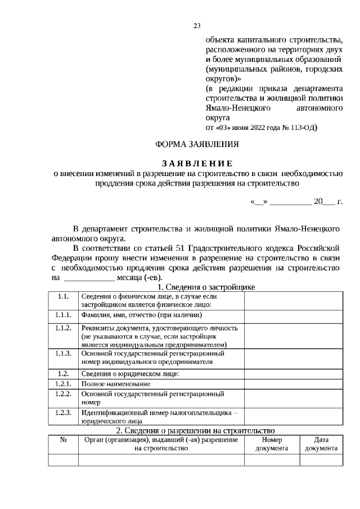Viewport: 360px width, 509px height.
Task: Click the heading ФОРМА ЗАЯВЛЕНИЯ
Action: point(196,144)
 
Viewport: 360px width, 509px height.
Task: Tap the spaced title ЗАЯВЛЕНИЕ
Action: point(197,164)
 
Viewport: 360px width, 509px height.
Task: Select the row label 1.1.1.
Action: point(63,316)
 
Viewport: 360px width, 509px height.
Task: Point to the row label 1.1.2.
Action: point(63,328)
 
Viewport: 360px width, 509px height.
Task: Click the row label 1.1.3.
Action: point(63,354)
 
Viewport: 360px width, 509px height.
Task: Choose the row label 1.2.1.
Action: point(63,383)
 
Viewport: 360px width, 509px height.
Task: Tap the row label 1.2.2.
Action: point(63,394)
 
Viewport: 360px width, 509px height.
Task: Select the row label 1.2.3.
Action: point(63,412)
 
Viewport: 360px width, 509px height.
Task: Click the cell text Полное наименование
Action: point(115,384)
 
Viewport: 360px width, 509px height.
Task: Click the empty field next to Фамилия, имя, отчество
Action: point(292,317)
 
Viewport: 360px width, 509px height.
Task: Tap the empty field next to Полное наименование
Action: point(292,384)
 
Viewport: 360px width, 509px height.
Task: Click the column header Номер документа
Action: point(271,444)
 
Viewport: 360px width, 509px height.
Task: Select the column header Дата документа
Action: point(321,444)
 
